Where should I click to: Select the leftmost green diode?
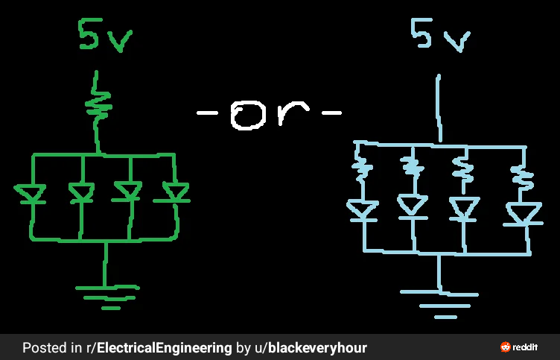[x=31, y=194]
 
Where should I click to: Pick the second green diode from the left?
[x=80, y=194]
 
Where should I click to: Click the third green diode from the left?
[x=127, y=193]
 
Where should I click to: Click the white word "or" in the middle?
[x=269, y=114]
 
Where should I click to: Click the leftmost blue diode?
[x=363, y=209]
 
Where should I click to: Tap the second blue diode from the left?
[x=412, y=205]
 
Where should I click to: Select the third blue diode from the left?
[x=464, y=209]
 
